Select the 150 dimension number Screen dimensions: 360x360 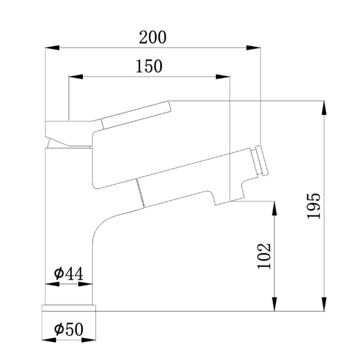pyautogui.click(x=149, y=66)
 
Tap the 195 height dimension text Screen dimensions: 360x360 pyautogui.click(x=314, y=206)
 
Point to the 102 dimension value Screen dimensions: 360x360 pyautogui.click(x=264, y=256)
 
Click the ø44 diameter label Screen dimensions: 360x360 pyautogui.click(x=69, y=274)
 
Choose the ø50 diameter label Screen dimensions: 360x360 pyautogui.click(x=69, y=330)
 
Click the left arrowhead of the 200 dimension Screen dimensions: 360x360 pyautogui.click(x=52, y=48)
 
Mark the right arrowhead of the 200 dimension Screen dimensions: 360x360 pyautogui.click(x=254, y=48)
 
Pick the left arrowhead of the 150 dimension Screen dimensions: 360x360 pyautogui.click(x=76, y=77)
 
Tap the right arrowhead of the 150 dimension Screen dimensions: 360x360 pyautogui.click(x=223, y=77)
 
